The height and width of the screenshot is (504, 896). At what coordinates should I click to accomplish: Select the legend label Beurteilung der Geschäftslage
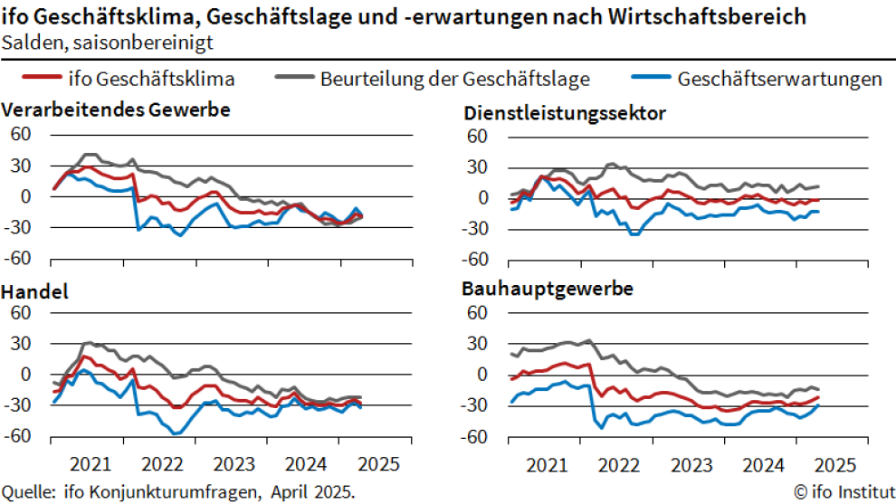[x=454, y=79]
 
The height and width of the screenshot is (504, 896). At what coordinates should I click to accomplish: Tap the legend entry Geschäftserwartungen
[x=779, y=79]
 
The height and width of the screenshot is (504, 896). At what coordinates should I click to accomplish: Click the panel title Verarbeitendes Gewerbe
[x=116, y=109]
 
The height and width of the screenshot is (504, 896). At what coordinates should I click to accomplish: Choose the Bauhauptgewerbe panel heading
[x=547, y=290]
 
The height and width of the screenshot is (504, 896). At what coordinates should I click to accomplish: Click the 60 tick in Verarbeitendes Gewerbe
[x=20, y=135]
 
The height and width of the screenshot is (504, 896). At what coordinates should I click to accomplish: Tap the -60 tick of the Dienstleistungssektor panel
[x=474, y=260]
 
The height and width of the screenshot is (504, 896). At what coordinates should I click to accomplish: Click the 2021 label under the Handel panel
[x=89, y=465]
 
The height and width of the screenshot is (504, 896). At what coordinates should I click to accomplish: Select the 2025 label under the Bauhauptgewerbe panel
[x=832, y=465]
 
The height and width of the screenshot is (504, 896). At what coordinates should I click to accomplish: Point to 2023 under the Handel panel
[x=234, y=465]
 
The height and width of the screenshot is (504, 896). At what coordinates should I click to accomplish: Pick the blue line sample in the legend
[x=647, y=79]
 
